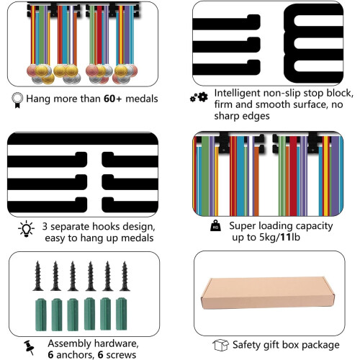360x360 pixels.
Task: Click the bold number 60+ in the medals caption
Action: point(113,99)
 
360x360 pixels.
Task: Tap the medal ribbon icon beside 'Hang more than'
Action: point(17,100)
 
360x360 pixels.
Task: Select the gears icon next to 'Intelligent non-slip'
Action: point(199,97)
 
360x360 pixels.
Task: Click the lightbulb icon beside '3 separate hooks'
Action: point(26,229)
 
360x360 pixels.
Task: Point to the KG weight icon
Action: point(215,225)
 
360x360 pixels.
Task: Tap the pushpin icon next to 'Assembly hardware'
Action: point(29,347)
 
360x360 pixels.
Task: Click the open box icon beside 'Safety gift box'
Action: point(220,345)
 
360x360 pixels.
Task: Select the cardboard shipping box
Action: point(268,293)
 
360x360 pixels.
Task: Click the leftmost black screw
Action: point(37,276)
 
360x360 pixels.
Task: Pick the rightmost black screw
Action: point(125,276)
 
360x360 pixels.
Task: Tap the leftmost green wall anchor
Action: point(41,315)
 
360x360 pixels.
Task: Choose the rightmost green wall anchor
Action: point(122,314)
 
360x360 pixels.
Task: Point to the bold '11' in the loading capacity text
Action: point(286,237)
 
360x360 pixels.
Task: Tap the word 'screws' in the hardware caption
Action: point(121,355)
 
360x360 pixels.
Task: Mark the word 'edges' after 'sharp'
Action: point(256,116)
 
